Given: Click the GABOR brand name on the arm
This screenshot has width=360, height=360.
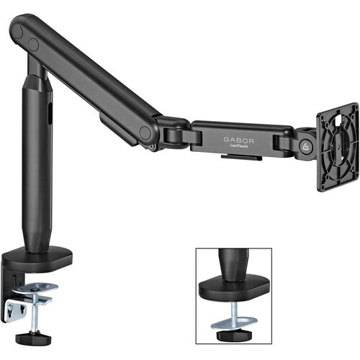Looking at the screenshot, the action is click(x=238, y=140).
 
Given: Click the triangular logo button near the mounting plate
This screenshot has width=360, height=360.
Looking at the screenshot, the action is click(x=305, y=146).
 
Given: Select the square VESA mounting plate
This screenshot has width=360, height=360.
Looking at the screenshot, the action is click(x=338, y=147).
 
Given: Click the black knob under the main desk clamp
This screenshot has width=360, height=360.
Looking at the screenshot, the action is click(x=33, y=338).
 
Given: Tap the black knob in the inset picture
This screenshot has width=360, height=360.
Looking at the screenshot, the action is click(x=234, y=336).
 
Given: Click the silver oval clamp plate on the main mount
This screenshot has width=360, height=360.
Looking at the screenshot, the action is click(x=35, y=288).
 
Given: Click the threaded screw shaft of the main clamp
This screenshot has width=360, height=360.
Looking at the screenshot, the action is click(x=35, y=312).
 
